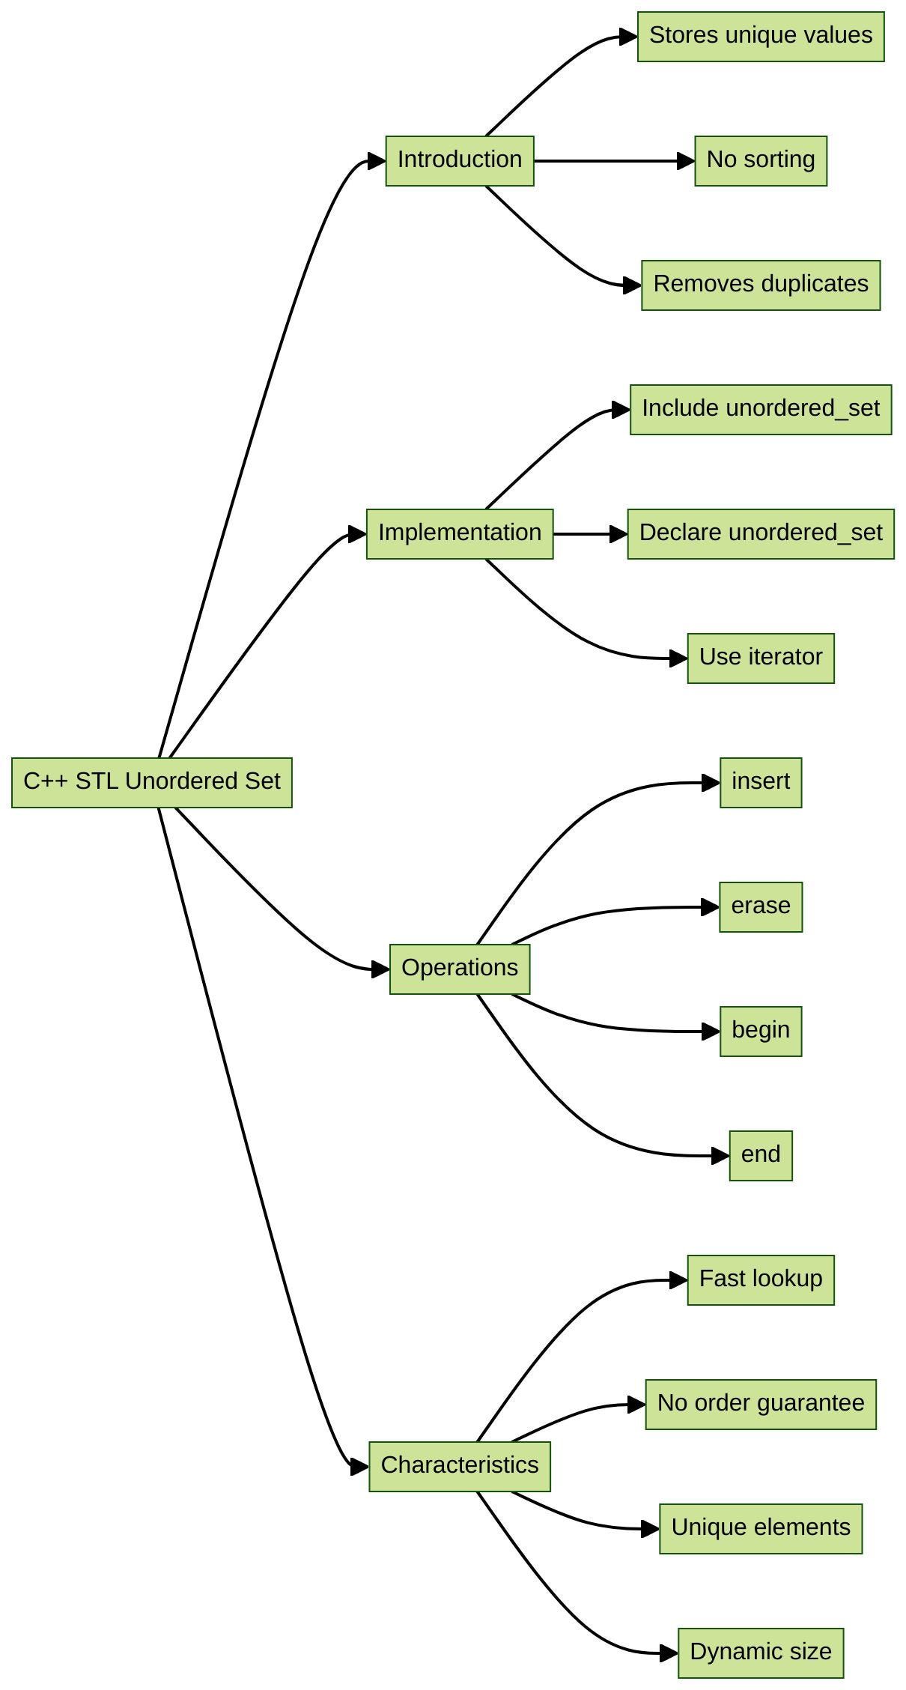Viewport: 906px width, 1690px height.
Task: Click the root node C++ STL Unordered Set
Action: (x=152, y=783)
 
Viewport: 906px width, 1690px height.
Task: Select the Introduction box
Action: (x=460, y=161)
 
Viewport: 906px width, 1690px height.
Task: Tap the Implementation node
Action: (x=460, y=534)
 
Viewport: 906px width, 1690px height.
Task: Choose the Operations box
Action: (x=460, y=969)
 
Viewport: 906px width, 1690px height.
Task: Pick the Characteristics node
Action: (x=460, y=1467)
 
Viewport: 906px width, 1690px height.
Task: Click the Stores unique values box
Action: (x=761, y=37)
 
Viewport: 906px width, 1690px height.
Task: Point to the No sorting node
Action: (x=761, y=161)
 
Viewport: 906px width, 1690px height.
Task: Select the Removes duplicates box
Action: (x=761, y=285)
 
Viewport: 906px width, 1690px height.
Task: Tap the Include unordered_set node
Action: (x=761, y=410)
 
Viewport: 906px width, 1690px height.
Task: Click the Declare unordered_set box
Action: (x=761, y=534)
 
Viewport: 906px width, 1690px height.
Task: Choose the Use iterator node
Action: (x=761, y=658)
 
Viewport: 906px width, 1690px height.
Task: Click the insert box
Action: (x=761, y=783)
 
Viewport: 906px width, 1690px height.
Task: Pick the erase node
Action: (x=761, y=907)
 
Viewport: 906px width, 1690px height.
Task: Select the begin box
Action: (x=761, y=1032)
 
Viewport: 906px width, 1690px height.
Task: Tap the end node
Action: (x=761, y=1156)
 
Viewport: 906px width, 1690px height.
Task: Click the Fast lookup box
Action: (x=761, y=1280)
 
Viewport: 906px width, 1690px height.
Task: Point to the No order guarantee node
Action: (x=761, y=1405)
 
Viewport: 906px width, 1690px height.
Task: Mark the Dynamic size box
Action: (x=761, y=1653)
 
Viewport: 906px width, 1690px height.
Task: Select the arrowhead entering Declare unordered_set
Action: (x=618, y=534)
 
